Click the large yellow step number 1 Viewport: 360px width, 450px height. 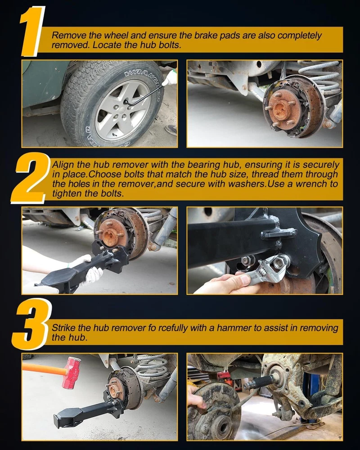pos(32,31)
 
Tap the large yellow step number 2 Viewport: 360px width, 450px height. pos(30,178)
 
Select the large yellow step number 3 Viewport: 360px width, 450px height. pos(31,324)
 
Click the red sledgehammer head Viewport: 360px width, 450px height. pos(71,373)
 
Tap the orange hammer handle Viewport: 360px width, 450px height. pos(45,369)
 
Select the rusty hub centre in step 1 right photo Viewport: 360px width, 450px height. pos(283,109)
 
